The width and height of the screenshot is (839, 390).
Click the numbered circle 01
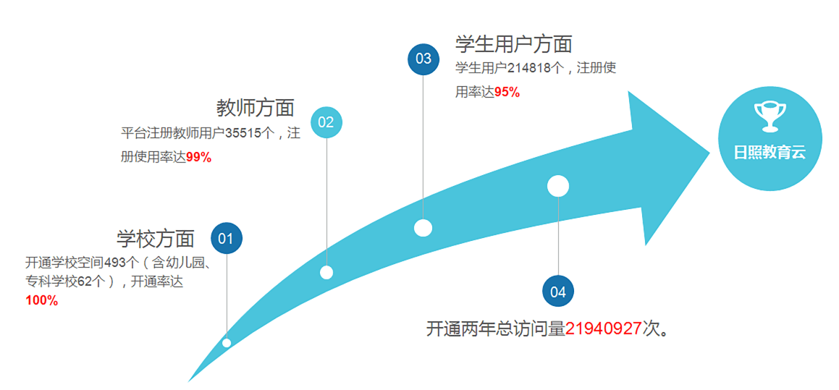pyautogui.click(x=226, y=238)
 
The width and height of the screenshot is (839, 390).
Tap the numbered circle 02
pyautogui.click(x=326, y=122)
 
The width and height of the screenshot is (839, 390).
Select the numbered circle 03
pyautogui.click(x=423, y=59)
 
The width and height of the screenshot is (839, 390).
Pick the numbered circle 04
pyautogui.click(x=557, y=292)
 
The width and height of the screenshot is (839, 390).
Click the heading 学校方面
pyautogui.click(x=156, y=238)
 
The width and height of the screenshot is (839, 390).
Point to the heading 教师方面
pyautogui.click(x=256, y=108)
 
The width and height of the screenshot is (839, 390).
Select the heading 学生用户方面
pyautogui.click(x=513, y=44)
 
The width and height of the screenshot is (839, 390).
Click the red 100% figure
pyautogui.click(x=42, y=300)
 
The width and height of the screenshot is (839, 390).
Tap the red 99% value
pyautogui.click(x=198, y=157)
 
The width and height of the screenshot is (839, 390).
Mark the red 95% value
pyautogui.click(x=507, y=92)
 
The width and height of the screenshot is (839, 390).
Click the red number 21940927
pyautogui.click(x=604, y=328)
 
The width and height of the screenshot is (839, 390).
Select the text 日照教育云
pyautogui.click(x=770, y=153)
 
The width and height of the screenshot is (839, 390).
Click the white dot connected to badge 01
pyautogui.click(x=227, y=343)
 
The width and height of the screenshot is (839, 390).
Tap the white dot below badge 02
pyautogui.click(x=326, y=272)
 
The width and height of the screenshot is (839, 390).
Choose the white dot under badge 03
pyautogui.click(x=423, y=228)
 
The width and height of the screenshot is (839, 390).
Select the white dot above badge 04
pyautogui.click(x=557, y=186)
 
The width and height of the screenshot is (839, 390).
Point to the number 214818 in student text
pyautogui.click(x=528, y=68)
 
